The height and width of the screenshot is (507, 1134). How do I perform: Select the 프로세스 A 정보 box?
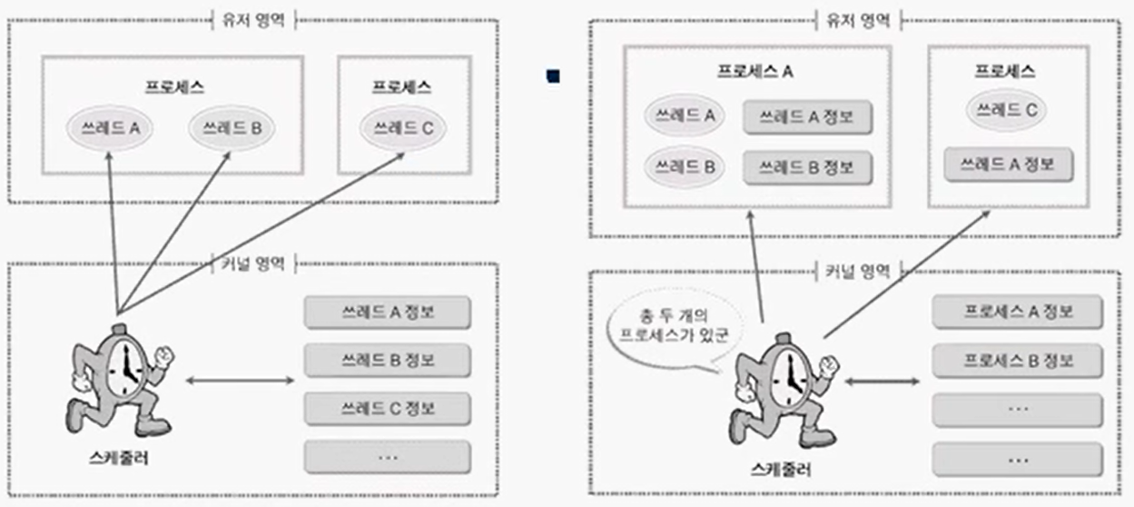coord(1017,313)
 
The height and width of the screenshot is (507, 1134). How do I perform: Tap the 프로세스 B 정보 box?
coord(1017,361)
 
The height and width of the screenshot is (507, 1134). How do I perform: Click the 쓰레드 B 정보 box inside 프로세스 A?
coord(806,167)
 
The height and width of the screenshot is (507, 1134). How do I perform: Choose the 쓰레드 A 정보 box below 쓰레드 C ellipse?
coord(1009,165)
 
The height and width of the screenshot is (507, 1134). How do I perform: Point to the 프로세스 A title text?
coord(754,71)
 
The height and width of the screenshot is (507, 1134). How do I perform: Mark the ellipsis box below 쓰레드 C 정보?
coord(388,457)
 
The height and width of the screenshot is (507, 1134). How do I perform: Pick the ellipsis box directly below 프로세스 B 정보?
coord(1017,409)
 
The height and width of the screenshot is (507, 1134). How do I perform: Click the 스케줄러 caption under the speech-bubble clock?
coord(781,470)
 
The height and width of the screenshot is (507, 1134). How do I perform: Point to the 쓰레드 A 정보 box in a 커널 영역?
coord(388,313)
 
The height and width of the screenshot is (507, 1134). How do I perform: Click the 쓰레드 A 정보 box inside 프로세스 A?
coord(806,116)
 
